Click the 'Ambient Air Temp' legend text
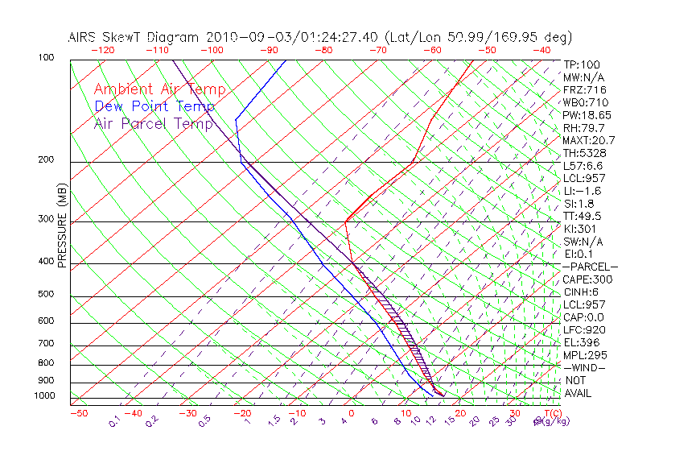[x=159, y=89]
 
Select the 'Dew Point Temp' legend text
[x=154, y=106]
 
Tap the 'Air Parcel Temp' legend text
[x=154, y=123]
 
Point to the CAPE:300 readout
[x=587, y=279]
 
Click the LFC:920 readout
[x=584, y=330]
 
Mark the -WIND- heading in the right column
[x=584, y=368]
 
